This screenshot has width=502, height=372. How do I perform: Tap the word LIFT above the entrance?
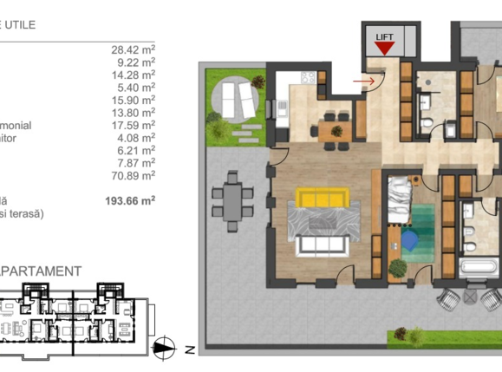(x=383, y=36)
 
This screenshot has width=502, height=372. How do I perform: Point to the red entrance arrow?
(x=368, y=81)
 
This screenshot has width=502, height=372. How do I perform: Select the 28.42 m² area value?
(x=136, y=49)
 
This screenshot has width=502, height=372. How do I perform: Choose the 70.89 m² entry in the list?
(x=136, y=174)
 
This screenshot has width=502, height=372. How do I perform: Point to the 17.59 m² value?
(x=136, y=124)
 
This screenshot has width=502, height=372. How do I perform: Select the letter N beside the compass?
(x=187, y=349)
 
